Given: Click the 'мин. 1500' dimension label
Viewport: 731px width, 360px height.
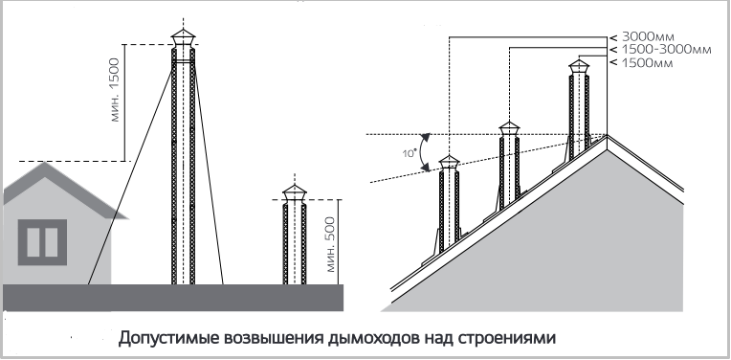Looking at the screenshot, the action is coord(116,90).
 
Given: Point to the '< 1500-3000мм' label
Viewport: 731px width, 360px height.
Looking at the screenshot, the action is coord(660,50).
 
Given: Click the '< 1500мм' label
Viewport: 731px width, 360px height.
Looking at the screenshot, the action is coord(641,62).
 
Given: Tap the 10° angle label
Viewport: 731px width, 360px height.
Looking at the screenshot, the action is coord(410,152).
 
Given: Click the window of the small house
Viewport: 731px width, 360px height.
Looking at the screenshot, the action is coord(42,242).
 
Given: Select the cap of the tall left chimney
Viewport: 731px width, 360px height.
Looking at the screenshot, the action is coord(183,38).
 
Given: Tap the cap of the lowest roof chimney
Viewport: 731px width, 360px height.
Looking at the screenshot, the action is coord(449,163).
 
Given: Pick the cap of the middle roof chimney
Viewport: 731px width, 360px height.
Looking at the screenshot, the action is coord(509,129).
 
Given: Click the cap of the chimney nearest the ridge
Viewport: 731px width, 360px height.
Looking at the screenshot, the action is coord(579,68).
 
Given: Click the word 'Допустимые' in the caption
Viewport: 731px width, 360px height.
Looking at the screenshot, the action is coord(168,338).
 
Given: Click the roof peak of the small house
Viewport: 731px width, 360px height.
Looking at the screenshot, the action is coord(44,162).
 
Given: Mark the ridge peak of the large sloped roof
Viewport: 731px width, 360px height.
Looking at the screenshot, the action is coord(607,135).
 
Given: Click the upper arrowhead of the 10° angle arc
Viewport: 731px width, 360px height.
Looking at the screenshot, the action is coord(426,136).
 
